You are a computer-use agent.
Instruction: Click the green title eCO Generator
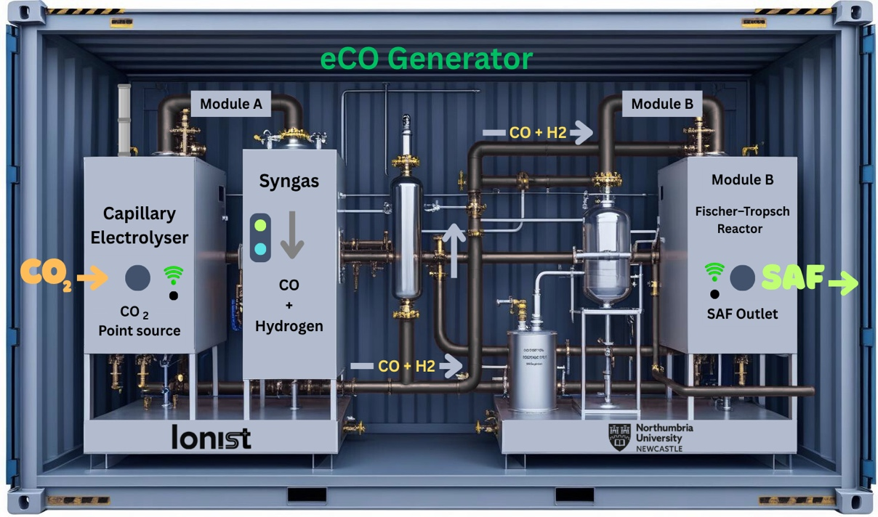tap(427, 58)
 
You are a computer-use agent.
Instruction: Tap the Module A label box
tap(230, 104)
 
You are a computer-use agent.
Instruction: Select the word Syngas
tap(289, 181)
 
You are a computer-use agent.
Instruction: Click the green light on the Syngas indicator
tap(260, 224)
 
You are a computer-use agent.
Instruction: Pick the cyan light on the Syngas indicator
tap(260, 249)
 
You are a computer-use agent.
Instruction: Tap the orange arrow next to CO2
tap(94, 277)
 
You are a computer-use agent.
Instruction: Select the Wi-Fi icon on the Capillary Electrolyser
tap(173, 274)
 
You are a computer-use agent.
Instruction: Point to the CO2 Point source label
tap(140, 321)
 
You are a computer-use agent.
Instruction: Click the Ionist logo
tap(212, 437)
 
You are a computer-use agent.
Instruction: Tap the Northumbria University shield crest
tap(619, 437)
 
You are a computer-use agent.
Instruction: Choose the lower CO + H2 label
tap(406, 367)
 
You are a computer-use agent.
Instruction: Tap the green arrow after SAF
tap(842, 283)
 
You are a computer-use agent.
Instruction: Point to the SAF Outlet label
tap(742, 314)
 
